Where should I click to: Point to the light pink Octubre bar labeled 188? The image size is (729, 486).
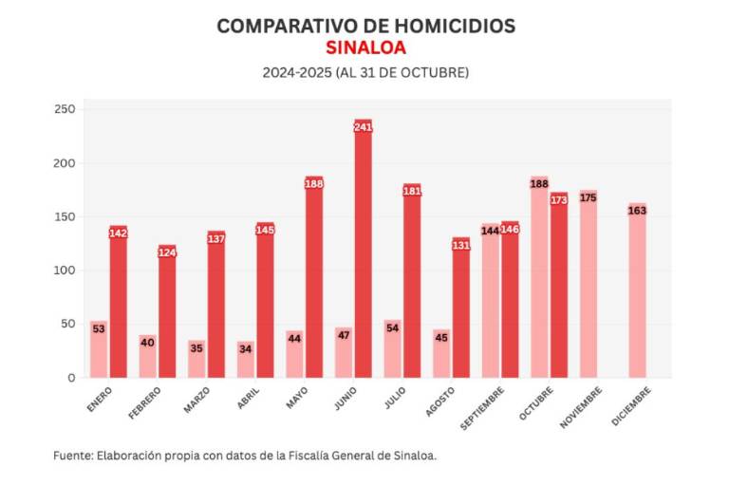pyautogui.click(x=539, y=280)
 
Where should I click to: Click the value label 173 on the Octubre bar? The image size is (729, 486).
pyautogui.click(x=558, y=199)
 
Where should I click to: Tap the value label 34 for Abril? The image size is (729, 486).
pyautogui.click(x=246, y=348)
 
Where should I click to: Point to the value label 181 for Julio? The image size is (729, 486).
pyautogui.click(x=412, y=191)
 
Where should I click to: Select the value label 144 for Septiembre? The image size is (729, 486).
pyautogui.click(x=490, y=231)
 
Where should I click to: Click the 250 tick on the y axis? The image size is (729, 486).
pyautogui.click(x=64, y=110)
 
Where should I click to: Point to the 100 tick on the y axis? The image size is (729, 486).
pyautogui.click(x=64, y=271)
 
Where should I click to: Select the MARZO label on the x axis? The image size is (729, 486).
pyautogui.click(x=197, y=399)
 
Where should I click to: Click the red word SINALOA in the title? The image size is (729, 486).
pyautogui.click(x=365, y=48)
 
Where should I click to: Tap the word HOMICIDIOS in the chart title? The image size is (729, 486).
pyautogui.click(x=452, y=26)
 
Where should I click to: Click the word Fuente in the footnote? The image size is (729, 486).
pyautogui.click(x=72, y=456)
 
